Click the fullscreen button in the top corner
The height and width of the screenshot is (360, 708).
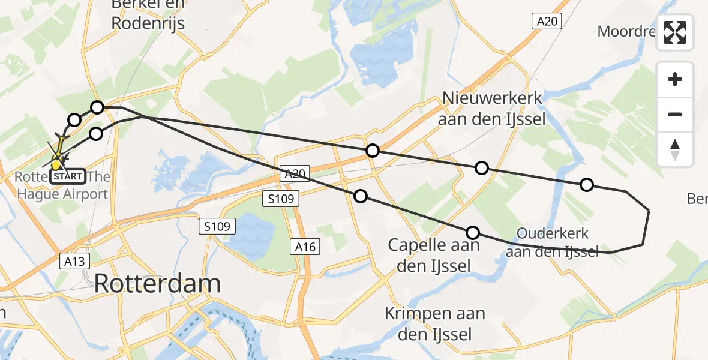pyautogui.click(x=675, y=32)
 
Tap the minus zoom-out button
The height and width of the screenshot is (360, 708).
pyautogui.click(x=675, y=114)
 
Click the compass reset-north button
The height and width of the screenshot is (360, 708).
pyautogui.click(x=675, y=149)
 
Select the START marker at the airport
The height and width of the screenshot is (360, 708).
pyautogui.click(x=67, y=176)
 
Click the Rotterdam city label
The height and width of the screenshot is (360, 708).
pyautogui.click(x=157, y=283)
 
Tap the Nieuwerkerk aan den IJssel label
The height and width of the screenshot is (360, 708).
pyautogui.click(x=491, y=109)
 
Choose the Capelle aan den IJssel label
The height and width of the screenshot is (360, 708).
pyautogui.click(x=433, y=254)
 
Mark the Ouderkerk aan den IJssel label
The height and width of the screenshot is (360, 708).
pyautogui.click(x=552, y=242)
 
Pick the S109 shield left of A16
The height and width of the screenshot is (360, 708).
pyautogui.click(x=217, y=226)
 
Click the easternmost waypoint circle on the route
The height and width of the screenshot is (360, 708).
pyautogui.click(x=587, y=185)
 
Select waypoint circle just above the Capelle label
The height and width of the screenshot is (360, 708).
pyautogui.click(x=473, y=233)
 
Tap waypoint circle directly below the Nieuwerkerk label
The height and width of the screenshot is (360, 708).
pyautogui.click(x=482, y=168)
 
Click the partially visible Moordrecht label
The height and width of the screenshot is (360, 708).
pyautogui.click(x=628, y=31)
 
